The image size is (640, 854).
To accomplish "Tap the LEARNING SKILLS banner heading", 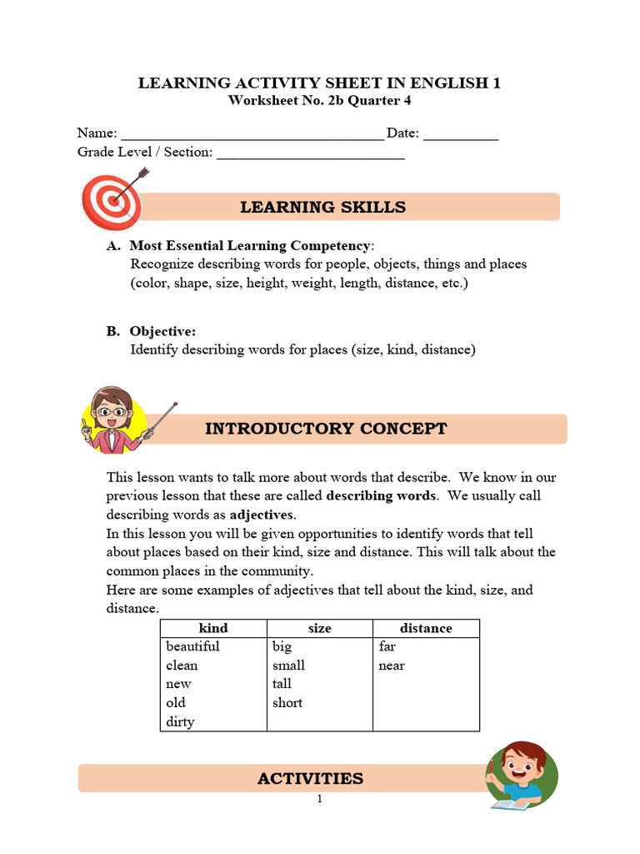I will point(322,208).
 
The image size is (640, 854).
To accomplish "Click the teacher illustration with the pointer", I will point(117,419).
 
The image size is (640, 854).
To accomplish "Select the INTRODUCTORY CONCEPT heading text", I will point(326,429).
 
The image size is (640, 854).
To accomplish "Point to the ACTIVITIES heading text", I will point(310,778).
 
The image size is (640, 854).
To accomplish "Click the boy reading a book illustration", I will point(521,776).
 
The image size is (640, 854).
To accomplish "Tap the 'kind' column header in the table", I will point(213,628).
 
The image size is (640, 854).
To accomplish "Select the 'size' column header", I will point(319,628).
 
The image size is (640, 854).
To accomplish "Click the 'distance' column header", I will point(426,628).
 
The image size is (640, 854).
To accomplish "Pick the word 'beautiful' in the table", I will point(192,646).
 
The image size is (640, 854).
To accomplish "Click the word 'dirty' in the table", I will point(180,721).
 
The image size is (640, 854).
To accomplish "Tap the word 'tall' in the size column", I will point(282,684).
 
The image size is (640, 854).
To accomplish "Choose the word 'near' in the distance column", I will point(392,666).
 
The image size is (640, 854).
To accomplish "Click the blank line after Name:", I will point(252,135).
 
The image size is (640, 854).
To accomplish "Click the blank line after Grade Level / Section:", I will point(311,154).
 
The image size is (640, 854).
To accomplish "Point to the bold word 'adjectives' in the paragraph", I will point(262,515).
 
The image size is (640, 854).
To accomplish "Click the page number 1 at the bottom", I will point(319,799).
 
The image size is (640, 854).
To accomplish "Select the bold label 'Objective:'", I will point(162,331).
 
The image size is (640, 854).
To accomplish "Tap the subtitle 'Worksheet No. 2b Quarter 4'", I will point(319,101).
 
